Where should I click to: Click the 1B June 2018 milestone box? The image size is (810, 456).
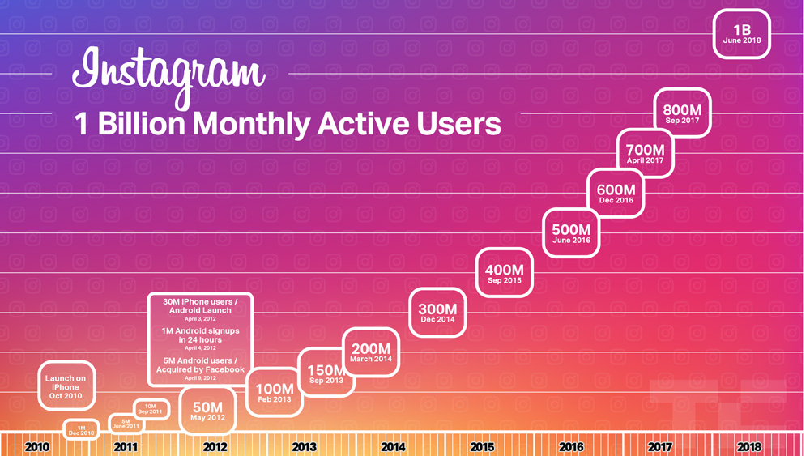(742, 34)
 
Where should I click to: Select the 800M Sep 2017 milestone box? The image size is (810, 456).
(682, 113)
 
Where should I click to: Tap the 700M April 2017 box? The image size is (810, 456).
(645, 153)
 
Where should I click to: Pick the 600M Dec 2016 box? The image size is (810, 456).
(616, 194)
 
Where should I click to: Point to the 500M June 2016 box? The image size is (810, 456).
(571, 233)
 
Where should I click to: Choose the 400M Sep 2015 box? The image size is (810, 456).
(505, 274)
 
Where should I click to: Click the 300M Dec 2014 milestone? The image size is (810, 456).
(437, 313)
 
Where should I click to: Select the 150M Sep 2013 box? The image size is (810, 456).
(326, 373)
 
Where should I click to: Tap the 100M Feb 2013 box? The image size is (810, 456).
(275, 392)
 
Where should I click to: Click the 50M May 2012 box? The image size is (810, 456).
(207, 411)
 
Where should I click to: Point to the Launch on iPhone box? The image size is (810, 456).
(66, 386)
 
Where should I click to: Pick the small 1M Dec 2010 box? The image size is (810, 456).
(81, 430)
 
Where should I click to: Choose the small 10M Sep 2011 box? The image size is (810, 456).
(150, 409)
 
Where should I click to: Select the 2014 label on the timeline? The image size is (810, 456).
(393, 447)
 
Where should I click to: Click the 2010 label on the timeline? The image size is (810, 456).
(36, 447)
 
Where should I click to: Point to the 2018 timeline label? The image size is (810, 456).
(749, 447)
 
